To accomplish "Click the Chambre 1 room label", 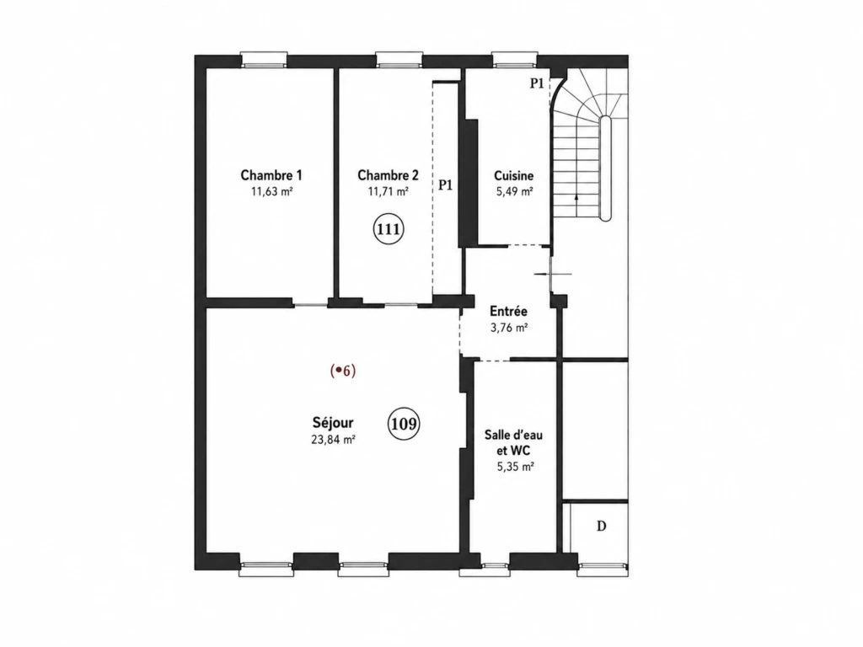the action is pos(271,175).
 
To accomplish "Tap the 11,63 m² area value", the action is pos(271,192).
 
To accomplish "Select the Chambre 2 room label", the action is pos(388,175).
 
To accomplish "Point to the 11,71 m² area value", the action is pos(388,192).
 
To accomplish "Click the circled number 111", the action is pos(389,229).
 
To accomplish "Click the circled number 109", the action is pos(404,425).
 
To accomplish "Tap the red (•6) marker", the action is pos(343,371).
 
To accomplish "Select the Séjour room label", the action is pos(333,423).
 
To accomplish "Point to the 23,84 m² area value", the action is pos(333,440).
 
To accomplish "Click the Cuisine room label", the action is pos(513,176).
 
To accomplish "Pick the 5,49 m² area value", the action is pos(513,192).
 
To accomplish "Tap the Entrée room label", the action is pos(508,312).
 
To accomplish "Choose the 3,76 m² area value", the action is pos(509,328).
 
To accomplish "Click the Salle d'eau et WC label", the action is pos(513,443).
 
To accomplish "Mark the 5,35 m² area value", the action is pos(515,467).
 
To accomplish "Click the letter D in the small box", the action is pos(602,527).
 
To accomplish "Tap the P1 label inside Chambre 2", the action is pos(445,185).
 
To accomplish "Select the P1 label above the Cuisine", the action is pos(537,83).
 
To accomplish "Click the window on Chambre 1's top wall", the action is pos(264,60).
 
